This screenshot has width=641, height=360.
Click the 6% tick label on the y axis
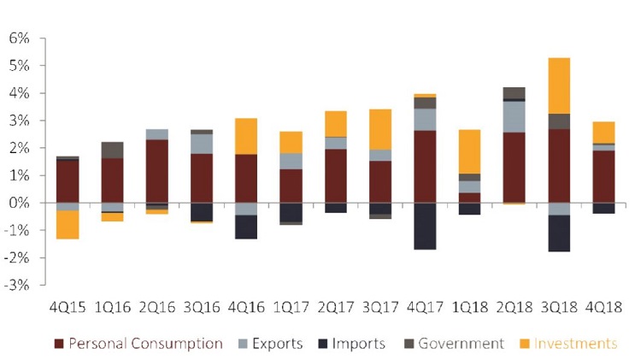pos(19,38)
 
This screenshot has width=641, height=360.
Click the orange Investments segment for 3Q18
pos(560,86)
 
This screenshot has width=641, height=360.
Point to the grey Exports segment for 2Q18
pos(514,117)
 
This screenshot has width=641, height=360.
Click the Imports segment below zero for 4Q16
pos(246,227)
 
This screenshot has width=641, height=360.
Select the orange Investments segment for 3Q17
pos(379,129)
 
